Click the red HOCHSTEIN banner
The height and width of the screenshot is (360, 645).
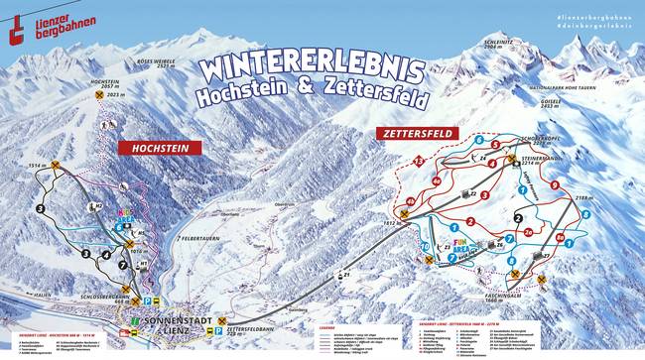160,148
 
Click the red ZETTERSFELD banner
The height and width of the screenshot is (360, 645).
411,132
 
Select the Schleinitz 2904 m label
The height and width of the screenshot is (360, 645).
499,45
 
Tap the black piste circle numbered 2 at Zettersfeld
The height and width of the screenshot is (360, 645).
518,218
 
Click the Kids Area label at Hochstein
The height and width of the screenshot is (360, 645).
127,216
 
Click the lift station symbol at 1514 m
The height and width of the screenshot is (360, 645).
57,166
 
